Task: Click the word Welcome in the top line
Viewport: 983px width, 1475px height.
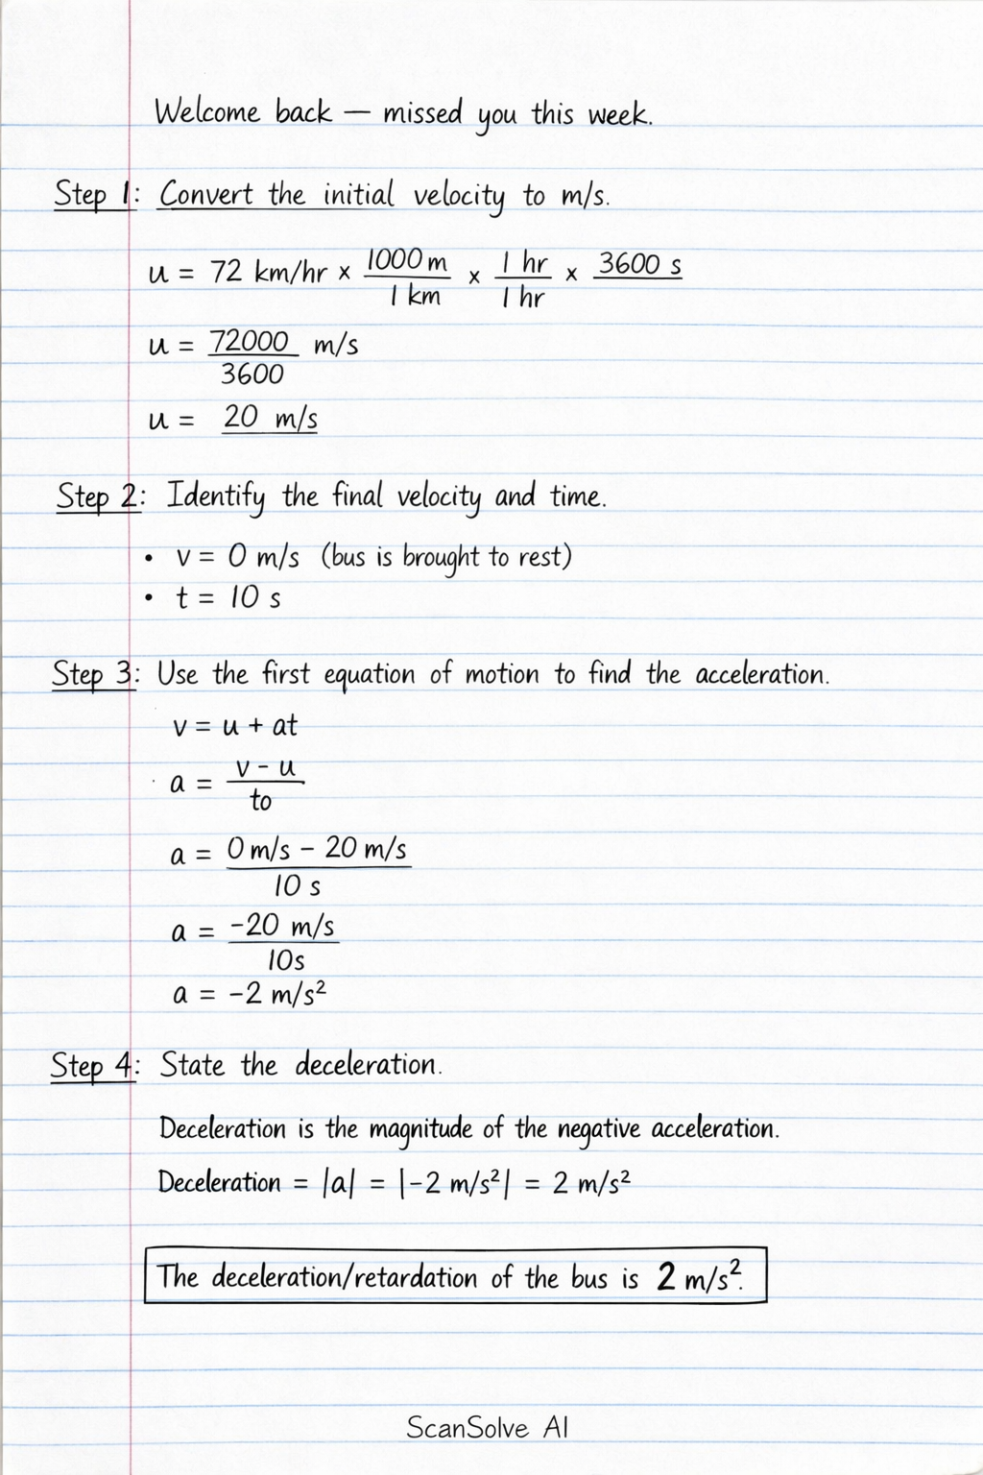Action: [206, 114]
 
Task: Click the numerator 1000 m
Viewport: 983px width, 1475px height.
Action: [407, 260]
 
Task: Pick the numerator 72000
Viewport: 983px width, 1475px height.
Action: [250, 342]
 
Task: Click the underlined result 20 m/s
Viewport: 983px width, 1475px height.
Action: [270, 419]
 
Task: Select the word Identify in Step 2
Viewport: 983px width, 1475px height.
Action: [215, 497]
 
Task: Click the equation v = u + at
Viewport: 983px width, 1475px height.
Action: [235, 726]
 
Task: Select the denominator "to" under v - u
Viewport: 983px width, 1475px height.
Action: [260, 801]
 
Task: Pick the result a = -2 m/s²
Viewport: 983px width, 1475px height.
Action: [251, 994]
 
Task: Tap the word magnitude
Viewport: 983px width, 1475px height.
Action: [420, 1129]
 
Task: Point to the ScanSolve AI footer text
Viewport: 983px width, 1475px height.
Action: [487, 1427]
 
